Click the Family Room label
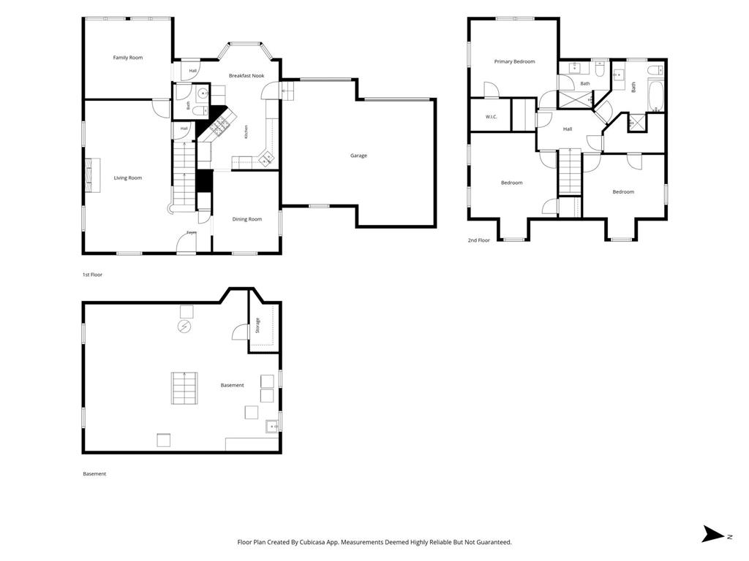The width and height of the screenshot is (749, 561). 127,58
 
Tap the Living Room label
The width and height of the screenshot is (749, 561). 127,178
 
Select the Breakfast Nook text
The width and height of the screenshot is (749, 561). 246,76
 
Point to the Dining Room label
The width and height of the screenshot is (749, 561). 247,219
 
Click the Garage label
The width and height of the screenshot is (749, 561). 358,156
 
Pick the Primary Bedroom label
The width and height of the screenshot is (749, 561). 514,61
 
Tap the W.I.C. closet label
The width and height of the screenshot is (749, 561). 491,117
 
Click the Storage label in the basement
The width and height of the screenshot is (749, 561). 258,325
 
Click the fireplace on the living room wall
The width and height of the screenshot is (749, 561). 93,175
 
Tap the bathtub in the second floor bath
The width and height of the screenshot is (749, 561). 655,96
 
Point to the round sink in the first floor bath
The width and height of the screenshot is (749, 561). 203,94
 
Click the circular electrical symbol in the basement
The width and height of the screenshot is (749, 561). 184,327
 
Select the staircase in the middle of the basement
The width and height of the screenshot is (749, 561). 184,388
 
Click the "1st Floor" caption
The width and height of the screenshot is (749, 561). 93,275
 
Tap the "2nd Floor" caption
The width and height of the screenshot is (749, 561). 478,240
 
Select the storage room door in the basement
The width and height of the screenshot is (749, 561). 240,331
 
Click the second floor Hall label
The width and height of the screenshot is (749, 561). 568,129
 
